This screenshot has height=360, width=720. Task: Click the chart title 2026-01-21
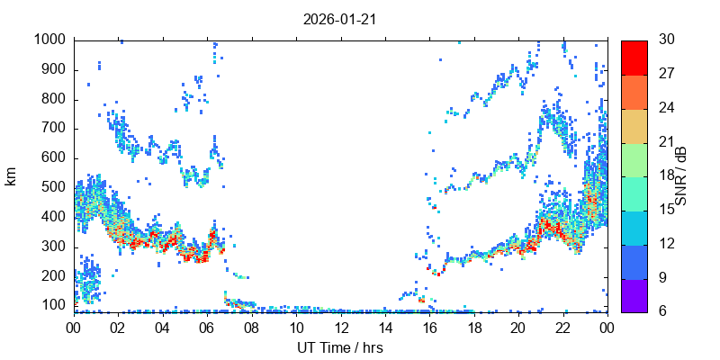coord(340,19)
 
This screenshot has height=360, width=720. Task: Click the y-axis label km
coord(11,176)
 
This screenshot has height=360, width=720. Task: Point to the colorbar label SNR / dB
coord(681,175)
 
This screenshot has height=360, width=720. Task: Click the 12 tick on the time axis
coord(340,328)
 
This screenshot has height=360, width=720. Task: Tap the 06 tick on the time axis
coord(207,328)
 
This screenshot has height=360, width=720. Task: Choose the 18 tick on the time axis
coord(473,328)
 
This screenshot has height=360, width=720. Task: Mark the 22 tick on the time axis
coord(562,328)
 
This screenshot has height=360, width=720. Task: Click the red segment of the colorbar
coord(634,57)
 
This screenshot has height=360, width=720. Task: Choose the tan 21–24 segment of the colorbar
coord(634,124)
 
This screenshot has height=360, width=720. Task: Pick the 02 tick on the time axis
coord(118,328)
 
